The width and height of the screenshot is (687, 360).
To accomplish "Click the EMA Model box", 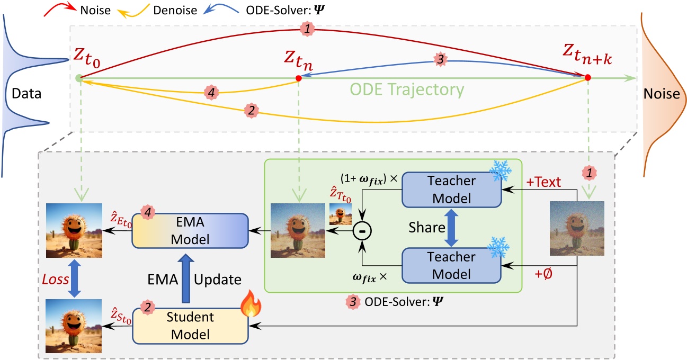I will (x=190, y=230).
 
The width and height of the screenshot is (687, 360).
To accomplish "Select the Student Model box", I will (x=190, y=326).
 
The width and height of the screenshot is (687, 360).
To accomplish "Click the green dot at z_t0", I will (x=79, y=78).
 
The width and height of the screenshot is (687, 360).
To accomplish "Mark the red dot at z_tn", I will (x=299, y=78).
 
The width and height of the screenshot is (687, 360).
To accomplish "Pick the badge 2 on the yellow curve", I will (x=250, y=111).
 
